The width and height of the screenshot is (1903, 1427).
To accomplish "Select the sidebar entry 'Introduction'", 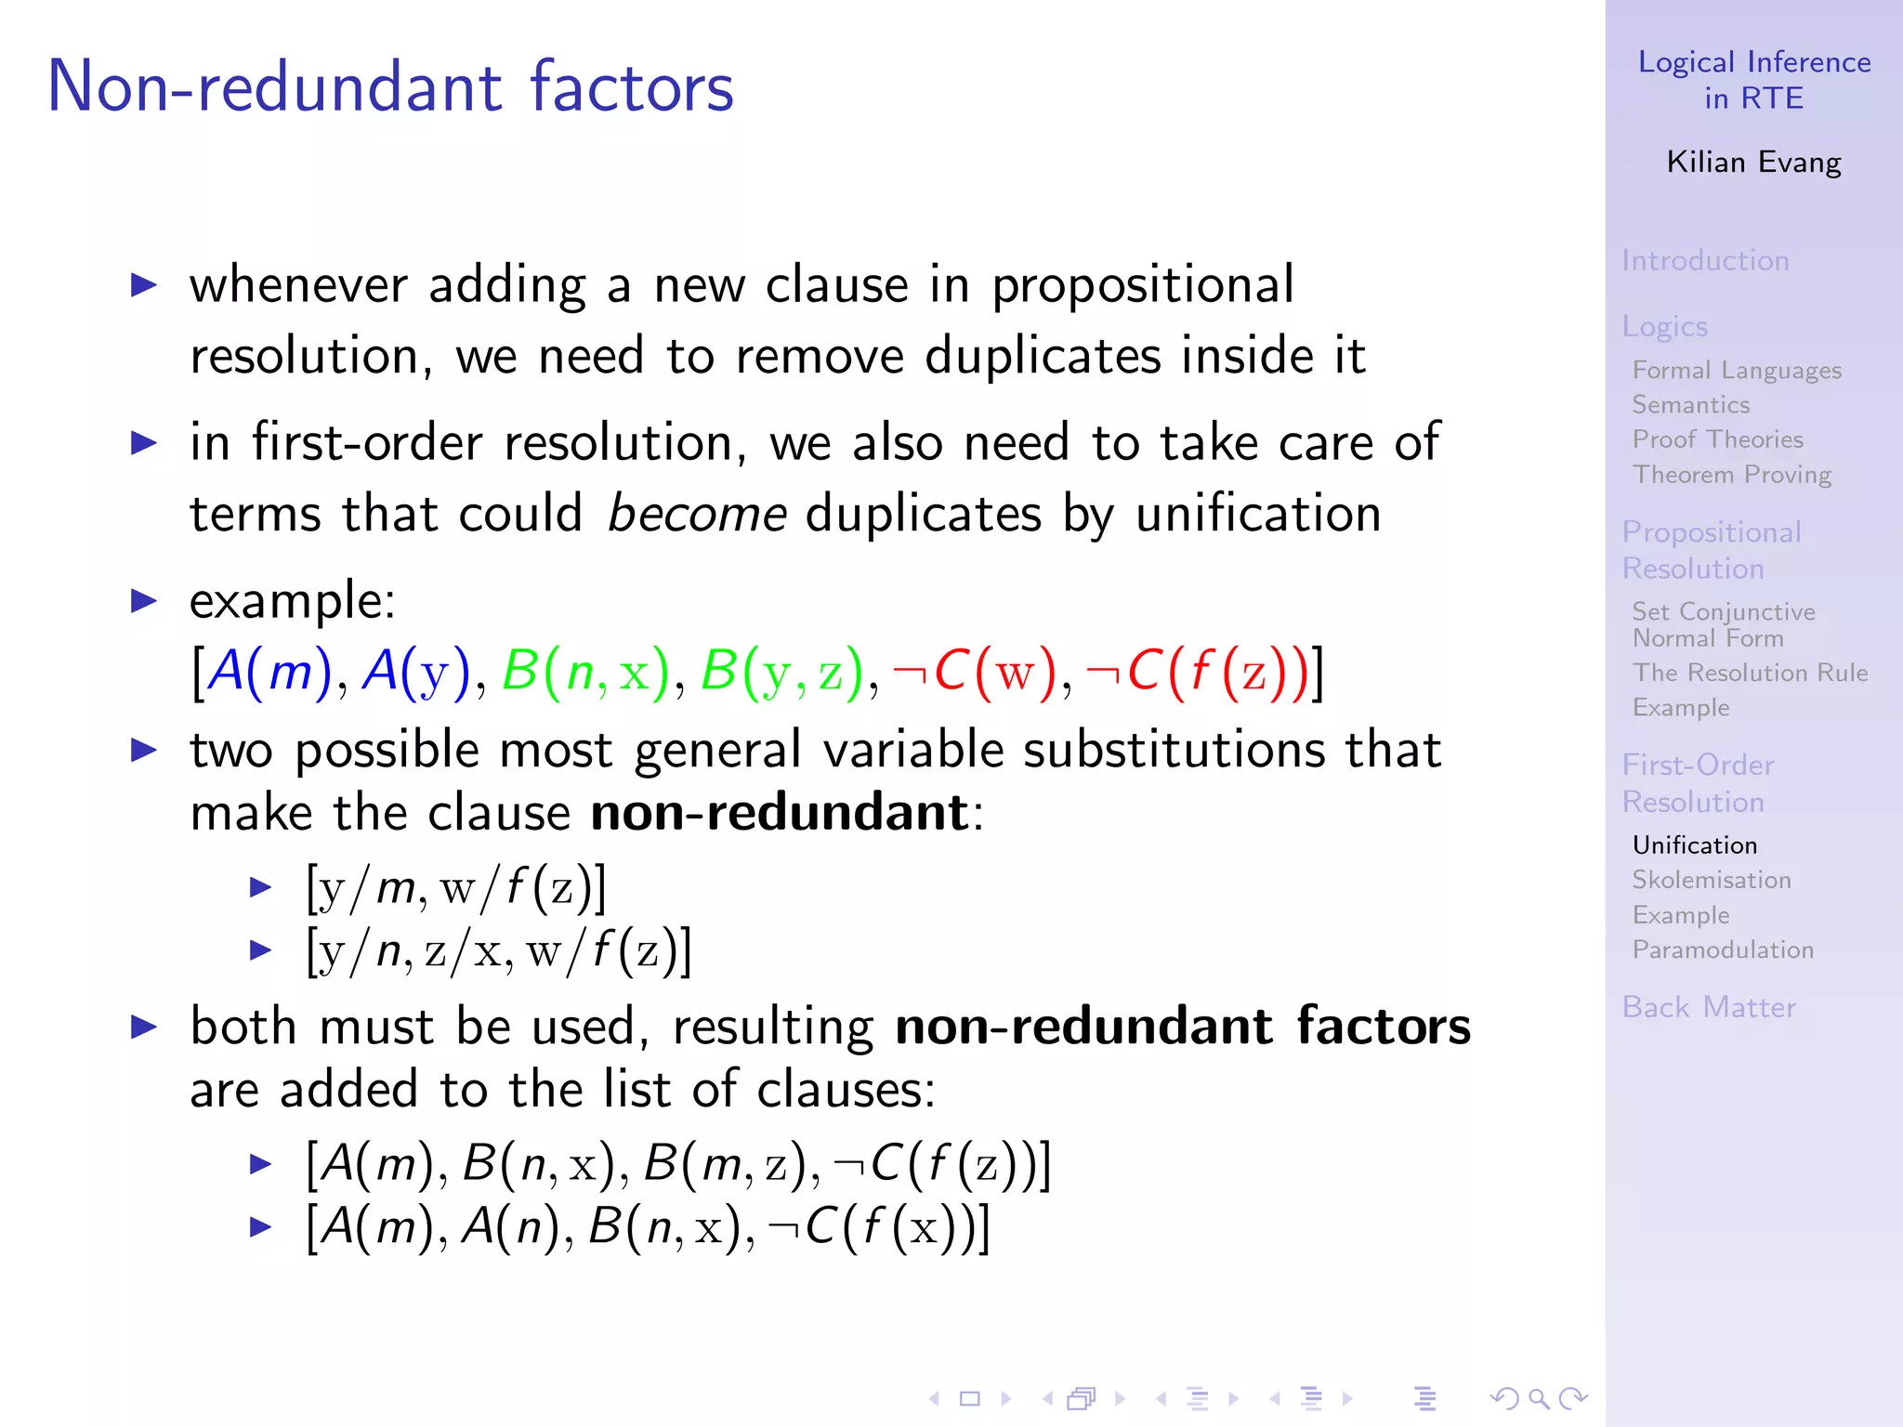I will tap(1705, 260).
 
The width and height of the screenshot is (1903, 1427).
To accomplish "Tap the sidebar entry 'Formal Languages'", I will tap(1737, 370).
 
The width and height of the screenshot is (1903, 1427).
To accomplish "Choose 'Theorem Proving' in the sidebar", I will tap(1732, 474).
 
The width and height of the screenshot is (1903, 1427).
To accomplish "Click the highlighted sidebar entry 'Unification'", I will tap(1695, 844).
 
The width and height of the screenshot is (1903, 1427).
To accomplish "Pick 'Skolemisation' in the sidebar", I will tap(1712, 880).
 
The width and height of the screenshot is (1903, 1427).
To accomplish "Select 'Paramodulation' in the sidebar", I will tap(1723, 949).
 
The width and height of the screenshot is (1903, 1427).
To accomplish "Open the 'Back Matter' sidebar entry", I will tap(1709, 1007).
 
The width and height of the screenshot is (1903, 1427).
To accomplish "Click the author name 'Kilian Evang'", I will tap(1753, 162).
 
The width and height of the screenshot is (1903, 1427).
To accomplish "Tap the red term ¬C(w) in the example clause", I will tap(975, 671).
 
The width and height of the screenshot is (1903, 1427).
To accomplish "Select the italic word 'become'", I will tap(697, 514).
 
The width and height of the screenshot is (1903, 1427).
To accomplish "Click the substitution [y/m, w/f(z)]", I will tap(456, 887).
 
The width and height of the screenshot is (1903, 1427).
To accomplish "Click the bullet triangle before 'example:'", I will tap(144, 600).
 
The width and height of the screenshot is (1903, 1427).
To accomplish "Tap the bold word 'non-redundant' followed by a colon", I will tap(780, 812).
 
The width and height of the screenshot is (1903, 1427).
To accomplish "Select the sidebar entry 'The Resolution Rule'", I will tap(1750, 673).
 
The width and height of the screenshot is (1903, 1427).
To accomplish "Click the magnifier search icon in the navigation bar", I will tap(1538, 1398).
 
